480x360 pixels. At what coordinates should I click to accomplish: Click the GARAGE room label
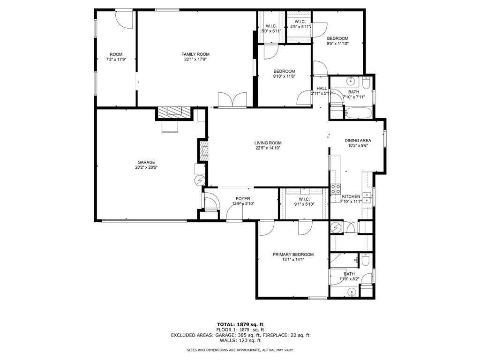pos(146,162)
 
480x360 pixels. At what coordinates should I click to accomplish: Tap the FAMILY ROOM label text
pos(195,54)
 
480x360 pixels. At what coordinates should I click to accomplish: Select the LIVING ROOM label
pos(268,143)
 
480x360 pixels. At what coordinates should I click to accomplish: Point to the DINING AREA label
pos(358,140)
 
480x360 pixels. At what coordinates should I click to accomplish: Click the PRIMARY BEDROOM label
pos(293,255)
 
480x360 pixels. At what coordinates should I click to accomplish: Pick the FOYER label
pos(243,199)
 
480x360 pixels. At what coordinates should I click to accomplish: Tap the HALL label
pos(322,88)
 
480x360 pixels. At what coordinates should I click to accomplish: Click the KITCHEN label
pos(351,196)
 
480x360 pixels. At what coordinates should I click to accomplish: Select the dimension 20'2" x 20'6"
pos(146,167)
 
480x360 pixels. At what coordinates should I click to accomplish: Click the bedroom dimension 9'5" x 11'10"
pos(337,43)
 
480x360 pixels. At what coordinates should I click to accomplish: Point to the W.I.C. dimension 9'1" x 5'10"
pos(304,204)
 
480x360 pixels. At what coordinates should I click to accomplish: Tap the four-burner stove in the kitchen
pos(336,189)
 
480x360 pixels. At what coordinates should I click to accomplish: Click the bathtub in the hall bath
pos(359,112)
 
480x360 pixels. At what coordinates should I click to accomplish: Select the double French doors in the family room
pos(232,100)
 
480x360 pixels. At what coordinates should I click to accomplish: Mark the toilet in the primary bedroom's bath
pos(366,259)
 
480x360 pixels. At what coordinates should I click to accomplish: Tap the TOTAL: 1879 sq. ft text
pos(240,324)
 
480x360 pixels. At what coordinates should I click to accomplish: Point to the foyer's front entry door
pos(234,213)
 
